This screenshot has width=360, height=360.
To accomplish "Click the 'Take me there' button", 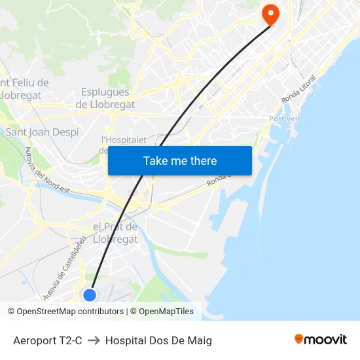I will [180, 160].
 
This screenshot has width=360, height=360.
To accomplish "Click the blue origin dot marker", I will [90, 295].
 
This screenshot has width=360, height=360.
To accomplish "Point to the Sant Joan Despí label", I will [42, 132].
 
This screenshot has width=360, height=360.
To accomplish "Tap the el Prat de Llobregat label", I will [115, 232].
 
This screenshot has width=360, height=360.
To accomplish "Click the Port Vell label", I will [284, 118].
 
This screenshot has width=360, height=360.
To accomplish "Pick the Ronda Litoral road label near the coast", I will [298, 89].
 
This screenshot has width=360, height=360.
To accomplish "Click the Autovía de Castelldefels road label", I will [64, 268].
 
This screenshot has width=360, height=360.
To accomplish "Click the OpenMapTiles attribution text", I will [166, 312].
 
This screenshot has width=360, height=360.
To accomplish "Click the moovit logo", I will [320, 340].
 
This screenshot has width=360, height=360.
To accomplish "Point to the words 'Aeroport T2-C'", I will [48, 340].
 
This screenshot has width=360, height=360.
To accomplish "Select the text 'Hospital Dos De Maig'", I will [158, 340].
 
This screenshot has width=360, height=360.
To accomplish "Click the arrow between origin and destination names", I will [94, 340].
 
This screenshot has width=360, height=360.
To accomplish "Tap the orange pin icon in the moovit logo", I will [299, 339].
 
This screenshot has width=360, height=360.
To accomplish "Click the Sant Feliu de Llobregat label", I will [25, 89].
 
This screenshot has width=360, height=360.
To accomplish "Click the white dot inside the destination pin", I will [270, 11].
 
